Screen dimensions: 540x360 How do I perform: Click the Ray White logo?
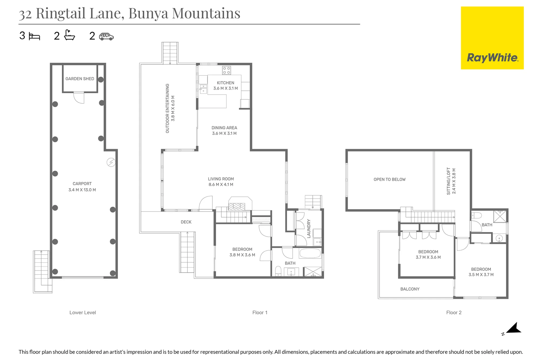point(492,38)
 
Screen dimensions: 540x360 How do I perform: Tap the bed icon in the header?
point(34,36)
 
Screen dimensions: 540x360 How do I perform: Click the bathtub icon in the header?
point(69,35)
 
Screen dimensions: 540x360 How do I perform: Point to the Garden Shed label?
point(80,79)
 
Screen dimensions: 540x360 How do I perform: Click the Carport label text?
point(82,184)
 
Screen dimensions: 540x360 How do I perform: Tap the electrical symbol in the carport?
point(111,162)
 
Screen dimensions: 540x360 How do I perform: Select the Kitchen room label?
point(225,83)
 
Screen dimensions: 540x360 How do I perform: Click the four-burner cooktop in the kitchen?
point(227,70)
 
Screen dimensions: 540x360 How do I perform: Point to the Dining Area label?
point(224,128)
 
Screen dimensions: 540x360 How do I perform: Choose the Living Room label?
point(221,179)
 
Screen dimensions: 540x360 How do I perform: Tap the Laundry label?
point(309,228)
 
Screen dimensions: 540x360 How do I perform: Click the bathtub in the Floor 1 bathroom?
point(310,253)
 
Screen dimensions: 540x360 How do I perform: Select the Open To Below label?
point(390,179)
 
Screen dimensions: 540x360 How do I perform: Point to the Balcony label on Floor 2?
point(410,289)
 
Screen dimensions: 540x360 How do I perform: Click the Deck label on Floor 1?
point(186,222)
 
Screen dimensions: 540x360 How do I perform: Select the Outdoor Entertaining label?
point(167,108)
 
